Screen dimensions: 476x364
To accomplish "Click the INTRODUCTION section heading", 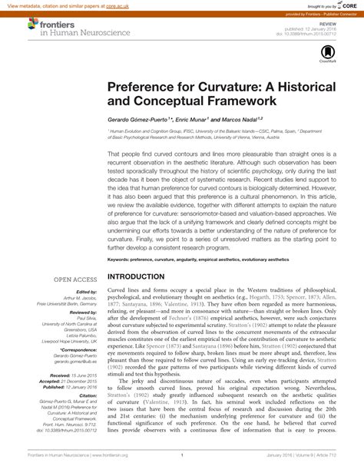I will pos(146,276).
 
